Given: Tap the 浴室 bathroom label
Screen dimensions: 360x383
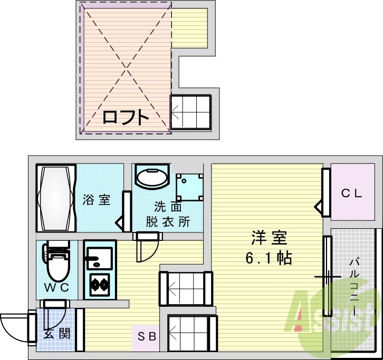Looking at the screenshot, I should (x=97, y=200).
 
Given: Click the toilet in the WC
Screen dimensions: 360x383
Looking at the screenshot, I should (x=56, y=264).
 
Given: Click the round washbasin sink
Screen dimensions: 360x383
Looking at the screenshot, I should (x=151, y=176).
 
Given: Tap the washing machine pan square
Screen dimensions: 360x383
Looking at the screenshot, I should (x=189, y=187).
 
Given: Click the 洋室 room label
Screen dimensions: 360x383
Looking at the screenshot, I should (x=269, y=239).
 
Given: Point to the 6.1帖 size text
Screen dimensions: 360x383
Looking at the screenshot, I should (x=269, y=258).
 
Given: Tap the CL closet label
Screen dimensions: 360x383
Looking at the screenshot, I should (x=351, y=193).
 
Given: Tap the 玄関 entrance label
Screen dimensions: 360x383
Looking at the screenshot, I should (x=54, y=334).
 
